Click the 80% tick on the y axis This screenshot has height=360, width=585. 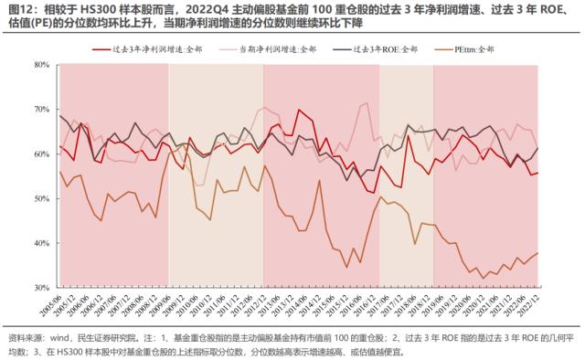pyautogui.click(x=40, y=65)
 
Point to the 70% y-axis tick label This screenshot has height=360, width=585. pyautogui.click(x=40, y=110)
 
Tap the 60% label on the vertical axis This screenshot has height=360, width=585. pyautogui.click(x=40, y=154)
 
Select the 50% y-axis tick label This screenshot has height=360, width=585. pyautogui.click(x=40, y=198)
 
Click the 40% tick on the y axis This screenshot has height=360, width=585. pyautogui.click(x=40, y=243)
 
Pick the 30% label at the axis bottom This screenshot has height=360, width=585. pyautogui.click(x=40, y=288)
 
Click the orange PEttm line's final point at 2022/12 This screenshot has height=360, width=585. pyautogui.click(x=537, y=253)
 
